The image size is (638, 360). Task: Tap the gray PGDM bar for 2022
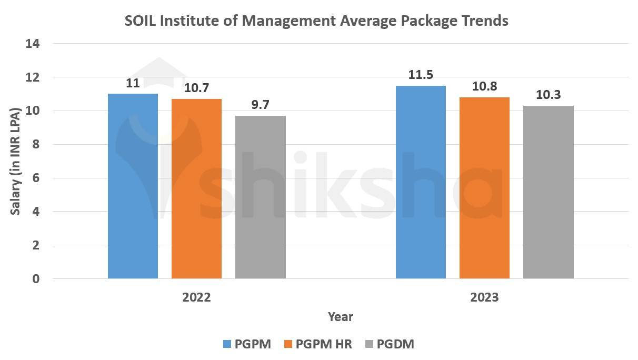[260, 197]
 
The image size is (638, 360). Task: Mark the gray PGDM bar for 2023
[548, 192]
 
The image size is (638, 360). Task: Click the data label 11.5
[421, 75]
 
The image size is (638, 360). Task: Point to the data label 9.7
[260, 105]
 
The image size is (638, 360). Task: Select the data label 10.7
[196, 88]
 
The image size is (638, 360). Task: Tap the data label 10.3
[548, 95]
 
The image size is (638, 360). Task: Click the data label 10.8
[484, 87]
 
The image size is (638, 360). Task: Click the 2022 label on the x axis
[196, 297]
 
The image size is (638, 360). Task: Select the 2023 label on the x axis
[484, 297]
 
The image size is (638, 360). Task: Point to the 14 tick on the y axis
[33, 44]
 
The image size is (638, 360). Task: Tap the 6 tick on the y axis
[36, 178]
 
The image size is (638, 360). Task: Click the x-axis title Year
[341, 317]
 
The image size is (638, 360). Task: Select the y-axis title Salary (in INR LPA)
[16, 161]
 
